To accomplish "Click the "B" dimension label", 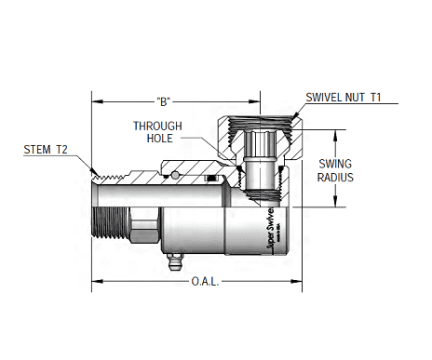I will tap(163, 99).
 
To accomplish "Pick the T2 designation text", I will tap(61, 149).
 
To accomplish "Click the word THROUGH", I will tap(157, 126).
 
